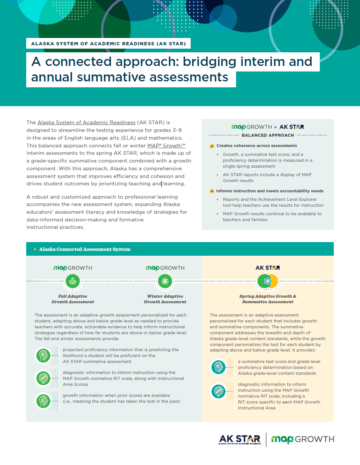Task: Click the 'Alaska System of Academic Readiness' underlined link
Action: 86,122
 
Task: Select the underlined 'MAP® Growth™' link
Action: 166,146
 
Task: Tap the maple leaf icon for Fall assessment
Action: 73,282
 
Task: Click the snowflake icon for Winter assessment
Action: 165,282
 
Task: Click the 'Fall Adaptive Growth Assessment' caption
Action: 73,299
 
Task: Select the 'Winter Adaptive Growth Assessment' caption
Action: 165,299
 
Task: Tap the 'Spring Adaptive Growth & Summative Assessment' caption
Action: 268,299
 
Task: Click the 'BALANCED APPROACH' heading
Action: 268,135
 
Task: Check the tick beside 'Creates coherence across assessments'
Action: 212,146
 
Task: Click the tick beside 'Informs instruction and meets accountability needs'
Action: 212,191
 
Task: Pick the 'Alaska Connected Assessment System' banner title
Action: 85,249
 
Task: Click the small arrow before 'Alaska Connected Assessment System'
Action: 35,249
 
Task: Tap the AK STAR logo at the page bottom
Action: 240,439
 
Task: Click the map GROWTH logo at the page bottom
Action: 303,439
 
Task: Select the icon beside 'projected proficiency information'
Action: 43,356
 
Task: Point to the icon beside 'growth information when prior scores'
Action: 43,401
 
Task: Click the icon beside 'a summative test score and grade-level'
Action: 218,367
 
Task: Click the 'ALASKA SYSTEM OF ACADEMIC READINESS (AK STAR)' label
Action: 108,43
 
